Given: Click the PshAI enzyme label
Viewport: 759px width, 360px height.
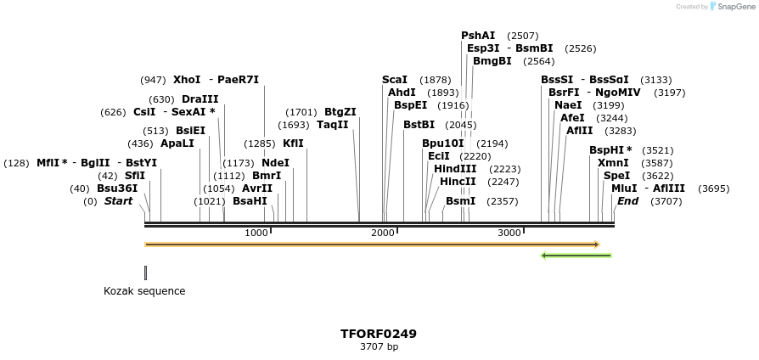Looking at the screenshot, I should coord(478,36).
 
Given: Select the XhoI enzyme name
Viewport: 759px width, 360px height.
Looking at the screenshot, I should coord(187,80).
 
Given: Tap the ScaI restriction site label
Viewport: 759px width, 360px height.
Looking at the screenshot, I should coord(395,80).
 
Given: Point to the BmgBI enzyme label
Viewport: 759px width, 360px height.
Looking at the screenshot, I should coord(492,61).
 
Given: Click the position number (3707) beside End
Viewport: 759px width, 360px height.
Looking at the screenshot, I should coord(666,201).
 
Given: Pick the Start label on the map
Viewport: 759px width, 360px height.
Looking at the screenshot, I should coord(118,201).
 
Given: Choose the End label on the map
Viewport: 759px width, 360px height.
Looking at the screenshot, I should coord(627,201).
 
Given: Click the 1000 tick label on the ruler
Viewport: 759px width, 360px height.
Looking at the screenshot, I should coord(256,233).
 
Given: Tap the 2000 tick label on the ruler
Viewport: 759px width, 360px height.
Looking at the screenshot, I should coord(383,233).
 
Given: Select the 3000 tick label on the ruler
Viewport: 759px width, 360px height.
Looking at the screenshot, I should coord(509,233).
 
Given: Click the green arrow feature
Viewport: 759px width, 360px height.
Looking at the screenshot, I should coord(576,255).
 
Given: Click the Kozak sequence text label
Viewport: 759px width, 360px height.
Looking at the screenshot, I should coord(144,291).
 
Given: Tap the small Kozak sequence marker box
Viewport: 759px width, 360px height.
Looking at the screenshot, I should coord(145,273).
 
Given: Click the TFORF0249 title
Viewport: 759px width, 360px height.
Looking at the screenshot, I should coord(379,334).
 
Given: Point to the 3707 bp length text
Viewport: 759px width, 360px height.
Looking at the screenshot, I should coord(379,346).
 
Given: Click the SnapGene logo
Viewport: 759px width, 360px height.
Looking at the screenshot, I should coord(731,7).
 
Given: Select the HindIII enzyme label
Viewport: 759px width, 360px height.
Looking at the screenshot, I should coord(455,169).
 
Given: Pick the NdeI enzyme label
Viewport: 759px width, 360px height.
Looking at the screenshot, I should coord(275,162).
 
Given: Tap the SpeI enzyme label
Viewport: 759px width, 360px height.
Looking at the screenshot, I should coord(617,176).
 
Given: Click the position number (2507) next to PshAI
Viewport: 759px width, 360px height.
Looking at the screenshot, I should coord(523,36).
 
